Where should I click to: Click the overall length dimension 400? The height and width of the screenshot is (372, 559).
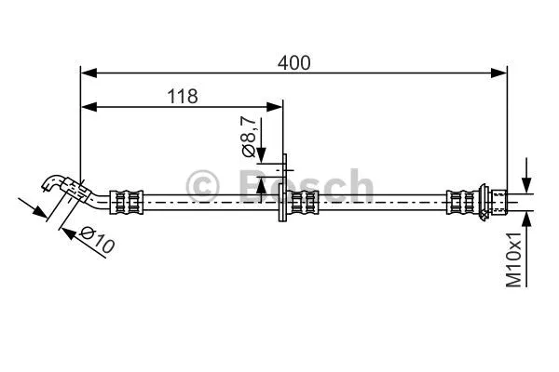pos(294,63)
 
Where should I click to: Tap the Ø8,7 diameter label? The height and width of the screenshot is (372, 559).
pos(247,135)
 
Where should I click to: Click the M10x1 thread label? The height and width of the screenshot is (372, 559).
pos(514,261)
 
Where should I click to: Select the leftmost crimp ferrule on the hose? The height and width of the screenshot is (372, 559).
pos(127,199)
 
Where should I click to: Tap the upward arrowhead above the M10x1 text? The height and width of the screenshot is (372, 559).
pos(526,219)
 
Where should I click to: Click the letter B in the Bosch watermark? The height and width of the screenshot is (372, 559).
pos(252,186)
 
